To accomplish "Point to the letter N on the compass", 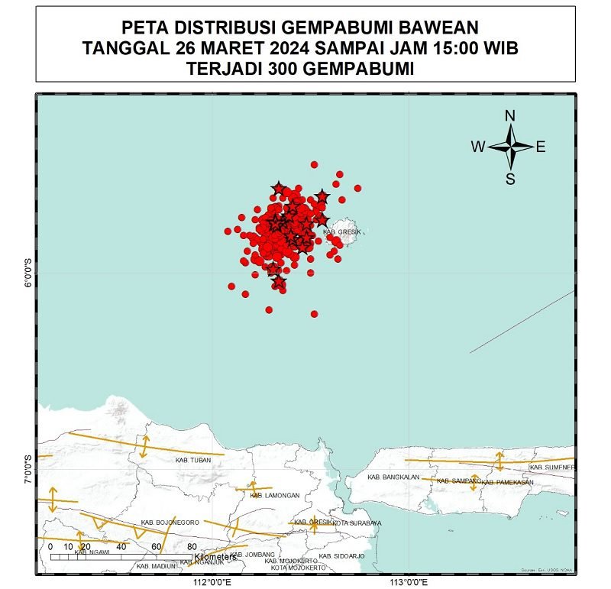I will click(510, 116).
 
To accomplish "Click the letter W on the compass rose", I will click(477, 147).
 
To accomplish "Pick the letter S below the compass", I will click(510, 180).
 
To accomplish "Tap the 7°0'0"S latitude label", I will click(29, 468).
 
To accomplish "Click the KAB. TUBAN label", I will click(192, 461).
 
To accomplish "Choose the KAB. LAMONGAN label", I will click(275, 495).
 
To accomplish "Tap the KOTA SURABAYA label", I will click(357, 523).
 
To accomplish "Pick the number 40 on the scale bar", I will click(121, 546).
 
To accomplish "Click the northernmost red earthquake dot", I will click(314, 164).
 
